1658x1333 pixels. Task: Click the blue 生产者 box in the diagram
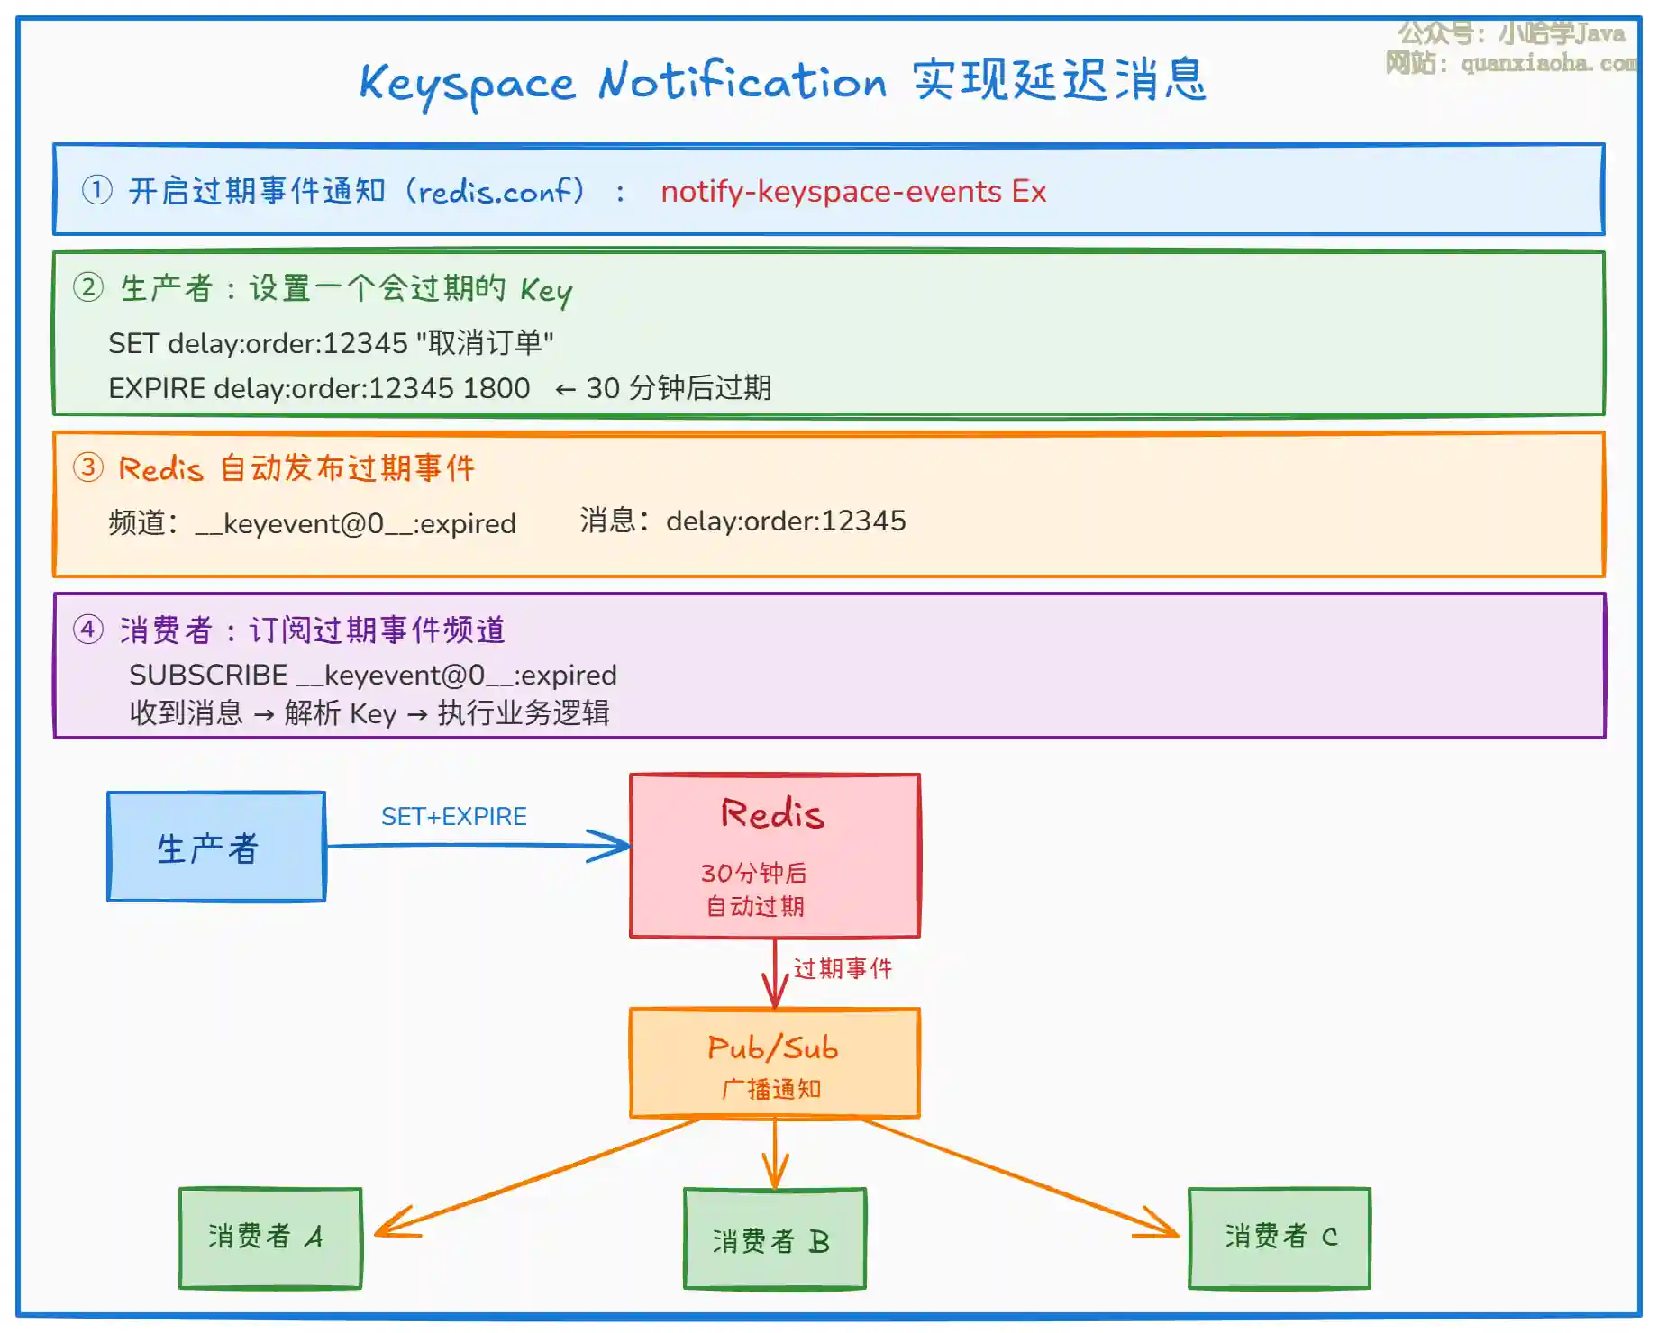[x=216, y=847]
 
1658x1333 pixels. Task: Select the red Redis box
[x=775, y=855]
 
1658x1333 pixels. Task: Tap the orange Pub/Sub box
[x=775, y=1063]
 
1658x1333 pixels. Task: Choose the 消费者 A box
[x=270, y=1238]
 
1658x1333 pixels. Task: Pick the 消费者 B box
[x=775, y=1239]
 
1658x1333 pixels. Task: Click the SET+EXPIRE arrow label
[x=454, y=816]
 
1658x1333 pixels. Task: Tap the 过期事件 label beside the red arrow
[x=843, y=968]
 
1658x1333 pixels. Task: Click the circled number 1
[x=97, y=190]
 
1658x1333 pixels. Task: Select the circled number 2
[x=88, y=287]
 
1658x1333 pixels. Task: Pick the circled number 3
[x=88, y=467]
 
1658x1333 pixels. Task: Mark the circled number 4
[x=88, y=629]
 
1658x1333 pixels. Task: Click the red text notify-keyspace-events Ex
[x=853, y=192]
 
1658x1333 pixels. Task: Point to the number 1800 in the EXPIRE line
[x=496, y=388]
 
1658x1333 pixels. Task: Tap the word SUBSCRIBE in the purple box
[x=208, y=675]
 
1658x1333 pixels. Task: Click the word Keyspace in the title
[x=467, y=83]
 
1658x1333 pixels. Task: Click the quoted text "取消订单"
[x=485, y=343]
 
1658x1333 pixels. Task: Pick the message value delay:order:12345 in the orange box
[x=786, y=521]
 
